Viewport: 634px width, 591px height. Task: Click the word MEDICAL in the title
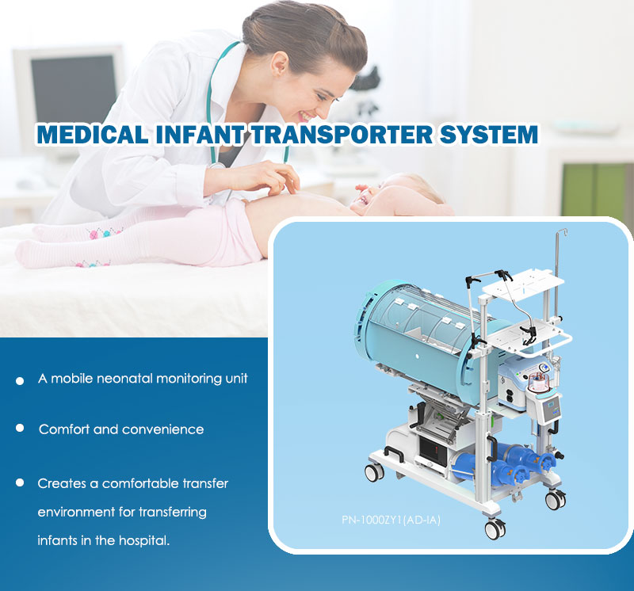point(93,134)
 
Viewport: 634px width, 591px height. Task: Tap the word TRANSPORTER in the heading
point(342,134)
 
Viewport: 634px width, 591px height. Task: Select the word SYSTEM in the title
point(488,134)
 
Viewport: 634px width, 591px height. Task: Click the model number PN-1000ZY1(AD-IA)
point(391,520)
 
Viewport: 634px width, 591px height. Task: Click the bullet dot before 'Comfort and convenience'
point(20,428)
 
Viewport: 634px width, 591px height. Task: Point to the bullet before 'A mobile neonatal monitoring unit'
point(20,381)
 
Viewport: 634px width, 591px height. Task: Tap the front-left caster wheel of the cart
point(374,472)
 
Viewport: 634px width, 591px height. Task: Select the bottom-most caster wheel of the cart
point(495,528)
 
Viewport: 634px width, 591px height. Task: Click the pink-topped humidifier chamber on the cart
point(539,383)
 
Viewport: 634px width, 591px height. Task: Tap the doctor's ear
point(281,64)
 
